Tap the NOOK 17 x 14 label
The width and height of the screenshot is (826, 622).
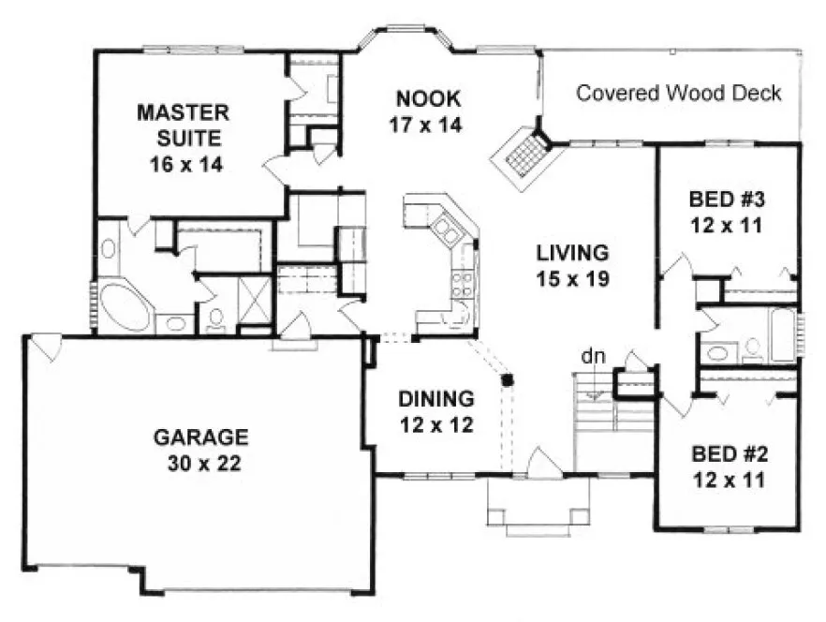click(x=426, y=110)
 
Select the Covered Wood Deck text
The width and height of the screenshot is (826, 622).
click(x=678, y=94)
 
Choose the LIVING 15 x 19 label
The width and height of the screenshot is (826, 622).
click(x=573, y=265)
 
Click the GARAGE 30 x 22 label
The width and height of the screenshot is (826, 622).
click(x=201, y=449)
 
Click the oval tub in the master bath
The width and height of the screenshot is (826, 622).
click(x=125, y=305)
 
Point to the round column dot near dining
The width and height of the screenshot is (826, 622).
click(x=508, y=379)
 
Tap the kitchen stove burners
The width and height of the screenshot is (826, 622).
click(x=462, y=281)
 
